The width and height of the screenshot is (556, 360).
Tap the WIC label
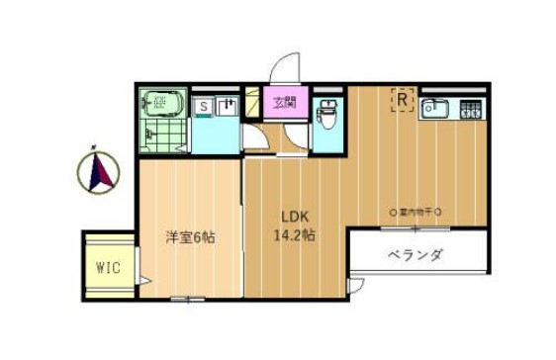[108, 267]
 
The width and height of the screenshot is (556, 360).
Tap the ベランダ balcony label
[416, 255]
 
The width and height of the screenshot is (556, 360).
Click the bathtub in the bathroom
[161, 101]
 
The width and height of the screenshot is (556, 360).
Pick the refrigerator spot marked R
[404, 100]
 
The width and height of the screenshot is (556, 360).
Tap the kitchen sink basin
[435, 109]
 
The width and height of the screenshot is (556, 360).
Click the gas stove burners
[470, 109]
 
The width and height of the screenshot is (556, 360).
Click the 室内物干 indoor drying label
[416, 213]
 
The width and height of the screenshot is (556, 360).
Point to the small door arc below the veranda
[356, 286]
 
